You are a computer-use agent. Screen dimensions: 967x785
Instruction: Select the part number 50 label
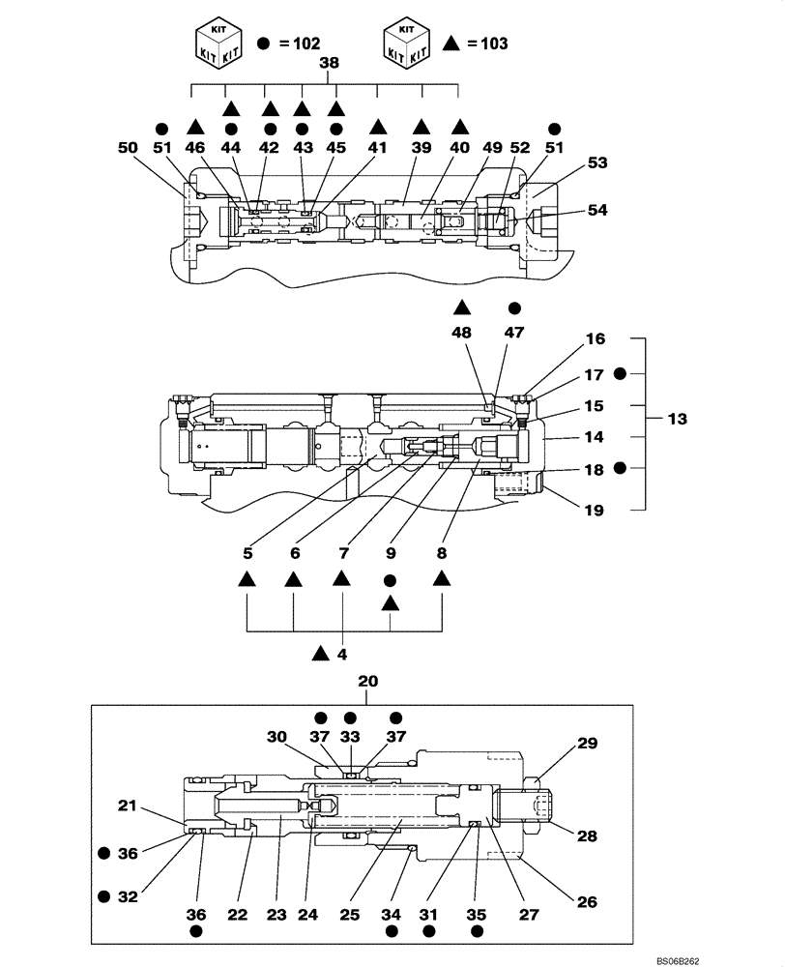(x=127, y=148)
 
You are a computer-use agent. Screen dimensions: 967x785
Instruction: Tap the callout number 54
(x=599, y=211)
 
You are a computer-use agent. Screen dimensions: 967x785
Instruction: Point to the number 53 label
(x=597, y=162)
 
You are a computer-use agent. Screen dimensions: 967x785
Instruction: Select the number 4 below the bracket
(x=342, y=655)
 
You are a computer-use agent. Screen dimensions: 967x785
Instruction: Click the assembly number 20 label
(x=368, y=682)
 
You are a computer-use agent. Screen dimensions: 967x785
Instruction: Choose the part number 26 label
(x=587, y=902)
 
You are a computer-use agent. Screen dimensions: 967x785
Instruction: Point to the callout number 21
(x=129, y=805)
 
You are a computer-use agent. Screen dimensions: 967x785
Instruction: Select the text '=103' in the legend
(x=487, y=44)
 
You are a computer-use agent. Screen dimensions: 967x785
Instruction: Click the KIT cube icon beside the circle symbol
(x=218, y=42)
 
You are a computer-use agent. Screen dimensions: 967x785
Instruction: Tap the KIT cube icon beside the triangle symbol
(x=407, y=42)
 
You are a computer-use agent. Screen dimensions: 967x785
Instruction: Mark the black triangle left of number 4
(x=321, y=655)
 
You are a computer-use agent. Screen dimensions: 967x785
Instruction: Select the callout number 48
(x=461, y=331)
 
